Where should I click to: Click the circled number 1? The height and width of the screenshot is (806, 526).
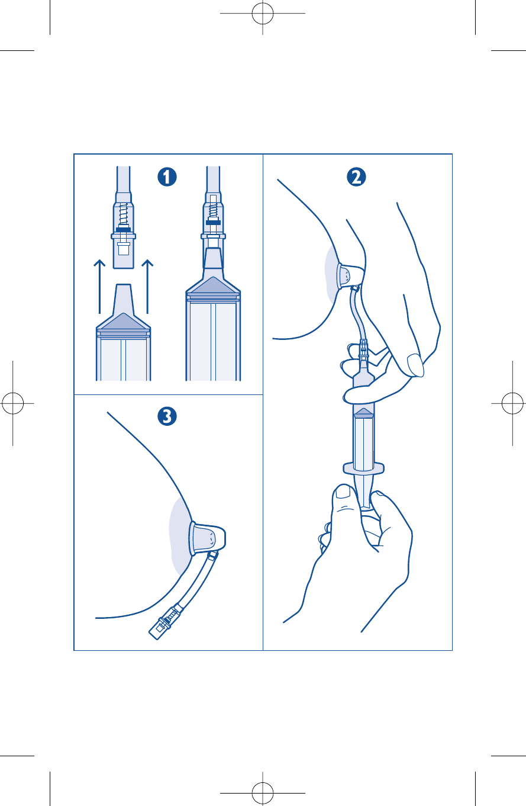[x=167, y=177]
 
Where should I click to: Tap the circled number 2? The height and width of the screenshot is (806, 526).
[x=356, y=177]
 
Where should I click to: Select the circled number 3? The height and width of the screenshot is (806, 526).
[x=167, y=416]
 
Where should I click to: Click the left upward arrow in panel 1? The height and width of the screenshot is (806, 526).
[x=99, y=287]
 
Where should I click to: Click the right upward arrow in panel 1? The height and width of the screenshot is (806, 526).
[x=147, y=287]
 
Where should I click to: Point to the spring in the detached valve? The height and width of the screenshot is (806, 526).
[x=123, y=214]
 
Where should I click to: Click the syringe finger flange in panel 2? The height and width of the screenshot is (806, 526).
[x=363, y=468]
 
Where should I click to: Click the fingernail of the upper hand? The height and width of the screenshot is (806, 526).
[x=415, y=365]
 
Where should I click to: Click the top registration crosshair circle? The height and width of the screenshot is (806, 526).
[x=263, y=13]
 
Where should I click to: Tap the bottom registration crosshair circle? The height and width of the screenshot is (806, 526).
[x=263, y=793]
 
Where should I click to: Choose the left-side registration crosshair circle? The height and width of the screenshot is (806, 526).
[x=12, y=403]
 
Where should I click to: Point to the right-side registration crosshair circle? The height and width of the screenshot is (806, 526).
[x=512, y=403]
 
